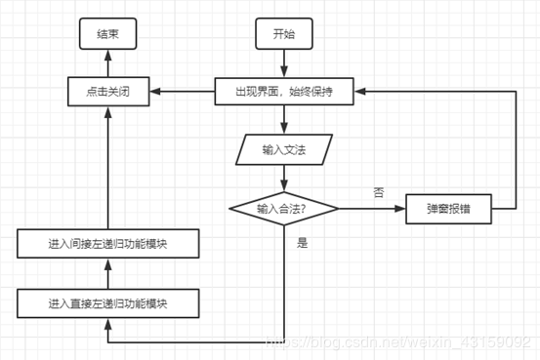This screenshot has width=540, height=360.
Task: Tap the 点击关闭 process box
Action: pos(107,92)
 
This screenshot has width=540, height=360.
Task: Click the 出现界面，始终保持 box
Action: pos(283,92)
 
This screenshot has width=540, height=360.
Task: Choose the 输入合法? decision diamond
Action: pos(283,208)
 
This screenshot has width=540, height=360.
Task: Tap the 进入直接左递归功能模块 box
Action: pos(107,302)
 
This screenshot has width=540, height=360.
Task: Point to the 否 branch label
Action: pos(377,192)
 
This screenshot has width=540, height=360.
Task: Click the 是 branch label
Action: pos(302,242)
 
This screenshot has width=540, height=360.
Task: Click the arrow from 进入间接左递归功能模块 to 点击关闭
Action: pos(107,166)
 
